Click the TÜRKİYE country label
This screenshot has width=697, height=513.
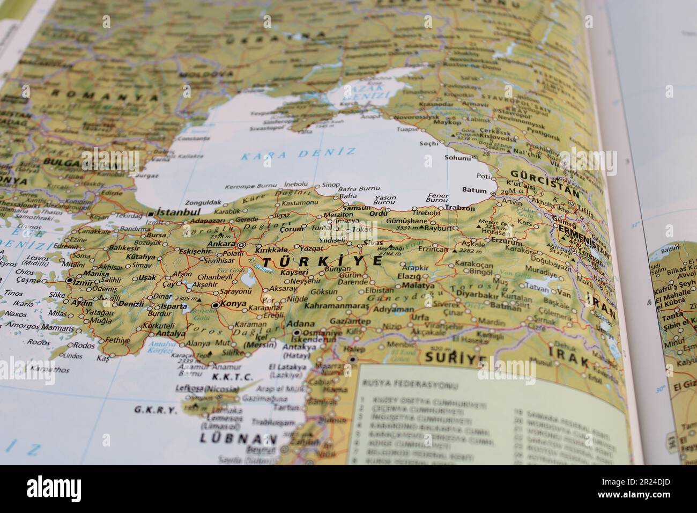coord(322,261)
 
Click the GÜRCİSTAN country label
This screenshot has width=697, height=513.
coord(544,180)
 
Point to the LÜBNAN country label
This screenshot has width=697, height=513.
coord(238,438)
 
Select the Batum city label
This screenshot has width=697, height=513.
coord(473,190)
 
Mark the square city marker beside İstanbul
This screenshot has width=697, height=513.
coord(150,214)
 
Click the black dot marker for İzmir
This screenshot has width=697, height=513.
coord(69,281)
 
